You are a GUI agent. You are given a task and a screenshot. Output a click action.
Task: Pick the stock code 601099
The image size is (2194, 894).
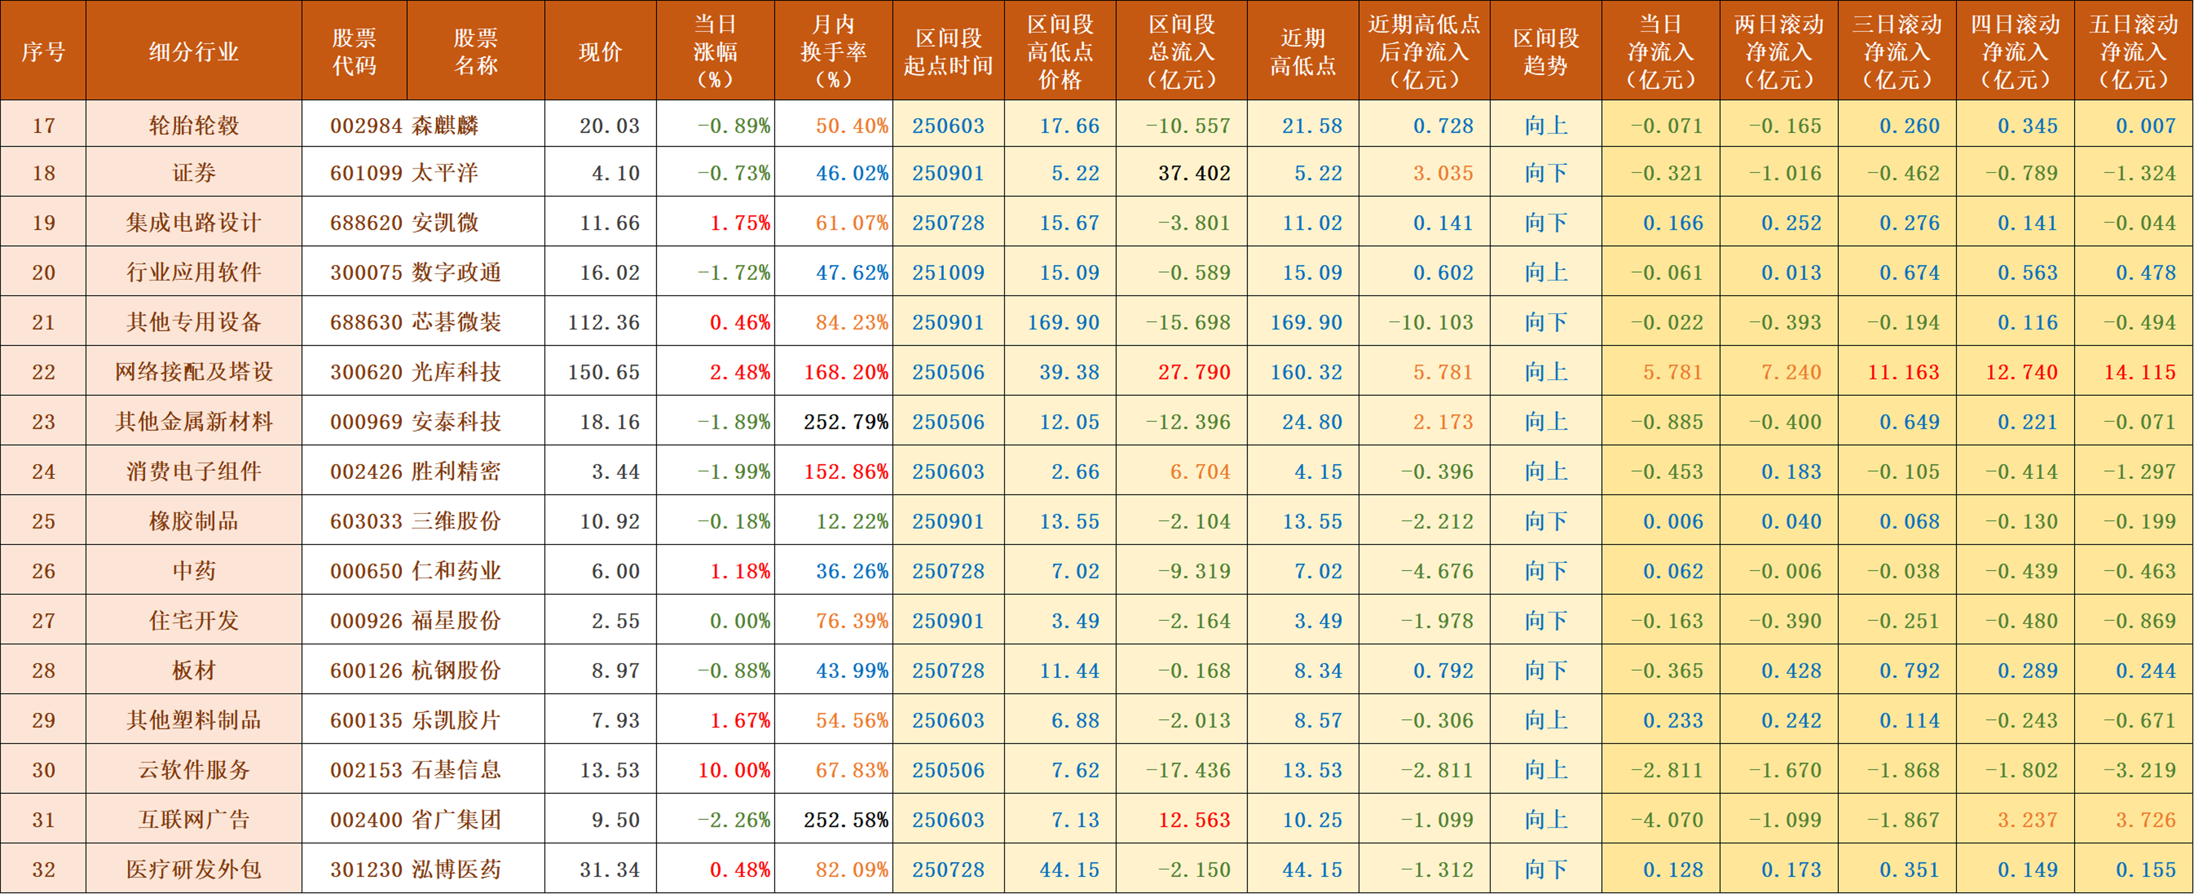366,173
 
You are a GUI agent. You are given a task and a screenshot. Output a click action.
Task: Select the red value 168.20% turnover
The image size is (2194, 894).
845,372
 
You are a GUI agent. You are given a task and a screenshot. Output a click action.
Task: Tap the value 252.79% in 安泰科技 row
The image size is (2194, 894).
845,422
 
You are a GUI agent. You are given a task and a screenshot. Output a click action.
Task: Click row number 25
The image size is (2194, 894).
43,522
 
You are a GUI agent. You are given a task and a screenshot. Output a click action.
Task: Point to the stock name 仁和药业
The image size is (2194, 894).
456,571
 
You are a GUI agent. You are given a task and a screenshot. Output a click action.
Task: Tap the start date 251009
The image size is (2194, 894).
948,273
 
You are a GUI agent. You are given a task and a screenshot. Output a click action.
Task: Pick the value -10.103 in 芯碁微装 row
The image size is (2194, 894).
1430,322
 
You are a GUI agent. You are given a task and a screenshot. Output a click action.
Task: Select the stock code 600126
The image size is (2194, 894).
366,671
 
